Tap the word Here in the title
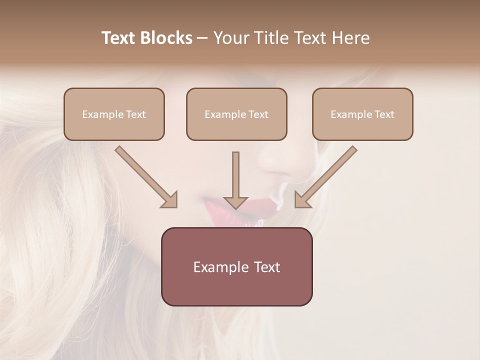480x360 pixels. click(349, 38)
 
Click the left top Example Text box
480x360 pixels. click(114, 114)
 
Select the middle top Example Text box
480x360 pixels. click(236, 114)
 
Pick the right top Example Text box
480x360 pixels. click(362, 114)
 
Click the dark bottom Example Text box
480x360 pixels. click(236, 267)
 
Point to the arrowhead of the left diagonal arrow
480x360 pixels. click(170, 200)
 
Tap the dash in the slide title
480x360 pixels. click(202, 38)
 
